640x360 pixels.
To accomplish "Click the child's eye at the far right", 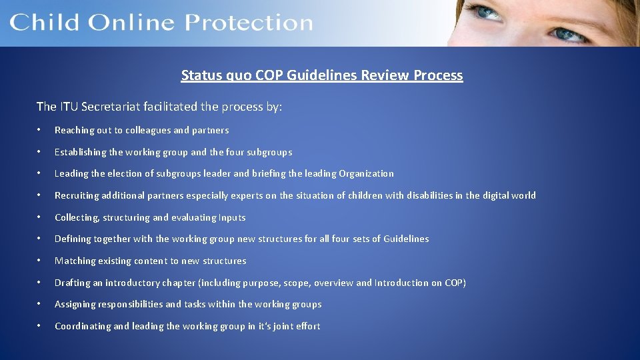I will [x=569, y=32].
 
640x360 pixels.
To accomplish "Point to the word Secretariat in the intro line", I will [x=113, y=107].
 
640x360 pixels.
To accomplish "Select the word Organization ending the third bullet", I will [x=366, y=173].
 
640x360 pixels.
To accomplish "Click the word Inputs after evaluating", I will [x=232, y=217].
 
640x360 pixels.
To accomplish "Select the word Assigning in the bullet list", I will [x=75, y=304].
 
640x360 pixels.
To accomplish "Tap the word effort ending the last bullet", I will [x=307, y=326].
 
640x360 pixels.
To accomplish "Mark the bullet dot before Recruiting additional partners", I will [x=41, y=195].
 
